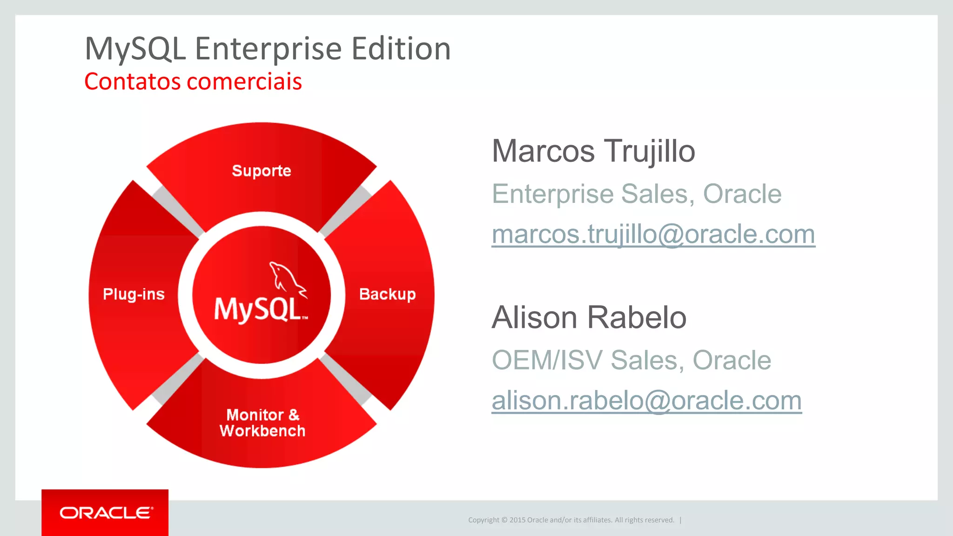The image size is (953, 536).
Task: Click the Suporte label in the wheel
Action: [x=262, y=171]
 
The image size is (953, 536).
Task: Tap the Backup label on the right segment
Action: [x=387, y=294]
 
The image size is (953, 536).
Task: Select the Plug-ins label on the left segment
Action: [x=134, y=294]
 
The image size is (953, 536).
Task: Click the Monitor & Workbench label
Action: [x=262, y=422]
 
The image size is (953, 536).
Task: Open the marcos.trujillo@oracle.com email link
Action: [x=653, y=234]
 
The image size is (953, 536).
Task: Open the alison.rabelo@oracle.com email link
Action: [x=646, y=401]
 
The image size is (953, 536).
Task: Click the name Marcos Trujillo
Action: [x=593, y=151]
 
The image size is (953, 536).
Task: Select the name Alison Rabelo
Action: [x=589, y=317]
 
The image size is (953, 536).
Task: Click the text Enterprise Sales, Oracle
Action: [x=637, y=194]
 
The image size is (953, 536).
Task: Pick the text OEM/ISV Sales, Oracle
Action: [x=631, y=360]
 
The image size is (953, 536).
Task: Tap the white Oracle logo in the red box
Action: [x=106, y=513]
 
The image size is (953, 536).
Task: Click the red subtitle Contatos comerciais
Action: [x=193, y=81]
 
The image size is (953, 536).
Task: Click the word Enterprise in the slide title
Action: [x=268, y=49]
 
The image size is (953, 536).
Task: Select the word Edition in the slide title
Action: [x=401, y=49]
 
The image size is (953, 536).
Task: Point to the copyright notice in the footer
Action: [x=571, y=520]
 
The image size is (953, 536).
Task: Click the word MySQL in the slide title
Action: [x=135, y=49]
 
